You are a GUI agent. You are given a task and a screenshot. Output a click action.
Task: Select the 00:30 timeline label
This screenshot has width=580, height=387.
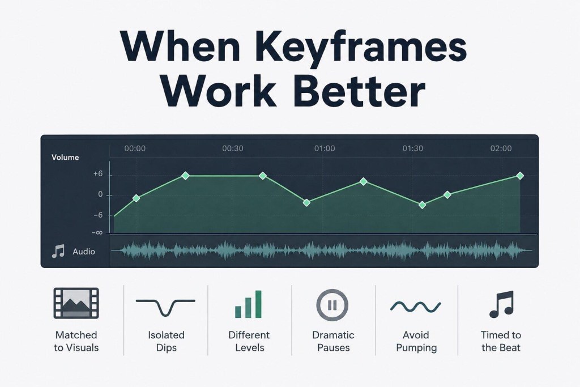tap(233, 148)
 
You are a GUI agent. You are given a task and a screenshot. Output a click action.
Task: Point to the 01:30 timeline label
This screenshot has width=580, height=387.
tap(413, 148)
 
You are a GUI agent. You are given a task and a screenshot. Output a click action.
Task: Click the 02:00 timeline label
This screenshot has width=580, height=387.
tap(501, 148)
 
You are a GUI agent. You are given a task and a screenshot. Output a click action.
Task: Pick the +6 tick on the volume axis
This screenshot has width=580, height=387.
tap(98, 174)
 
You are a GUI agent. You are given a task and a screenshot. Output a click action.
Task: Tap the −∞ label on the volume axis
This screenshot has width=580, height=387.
tap(97, 233)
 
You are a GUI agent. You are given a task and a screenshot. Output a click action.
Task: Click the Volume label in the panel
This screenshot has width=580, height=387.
tap(65, 158)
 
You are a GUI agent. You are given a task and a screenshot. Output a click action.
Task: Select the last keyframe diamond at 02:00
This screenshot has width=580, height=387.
tap(520, 176)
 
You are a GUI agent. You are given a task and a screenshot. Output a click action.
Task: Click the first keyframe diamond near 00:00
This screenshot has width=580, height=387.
tap(136, 198)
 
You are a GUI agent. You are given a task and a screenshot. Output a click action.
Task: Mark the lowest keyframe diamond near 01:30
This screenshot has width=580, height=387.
tap(422, 205)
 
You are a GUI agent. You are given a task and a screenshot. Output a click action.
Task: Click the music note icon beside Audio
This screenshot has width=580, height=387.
tap(58, 251)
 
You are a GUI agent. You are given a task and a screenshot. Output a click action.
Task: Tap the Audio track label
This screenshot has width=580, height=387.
tap(84, 252)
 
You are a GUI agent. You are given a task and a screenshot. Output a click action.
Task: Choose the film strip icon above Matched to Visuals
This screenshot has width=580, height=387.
tap(76, 303)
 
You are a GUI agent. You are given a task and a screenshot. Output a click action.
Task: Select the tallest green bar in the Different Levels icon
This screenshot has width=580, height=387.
tap(258, 304)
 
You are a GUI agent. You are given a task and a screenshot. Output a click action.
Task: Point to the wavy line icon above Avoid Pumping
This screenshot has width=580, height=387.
tap(415, 307)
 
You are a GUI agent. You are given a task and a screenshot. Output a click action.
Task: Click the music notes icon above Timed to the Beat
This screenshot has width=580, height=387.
tap(502, 304)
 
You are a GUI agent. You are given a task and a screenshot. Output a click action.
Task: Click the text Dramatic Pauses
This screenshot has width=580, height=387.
tap(333, 341)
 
